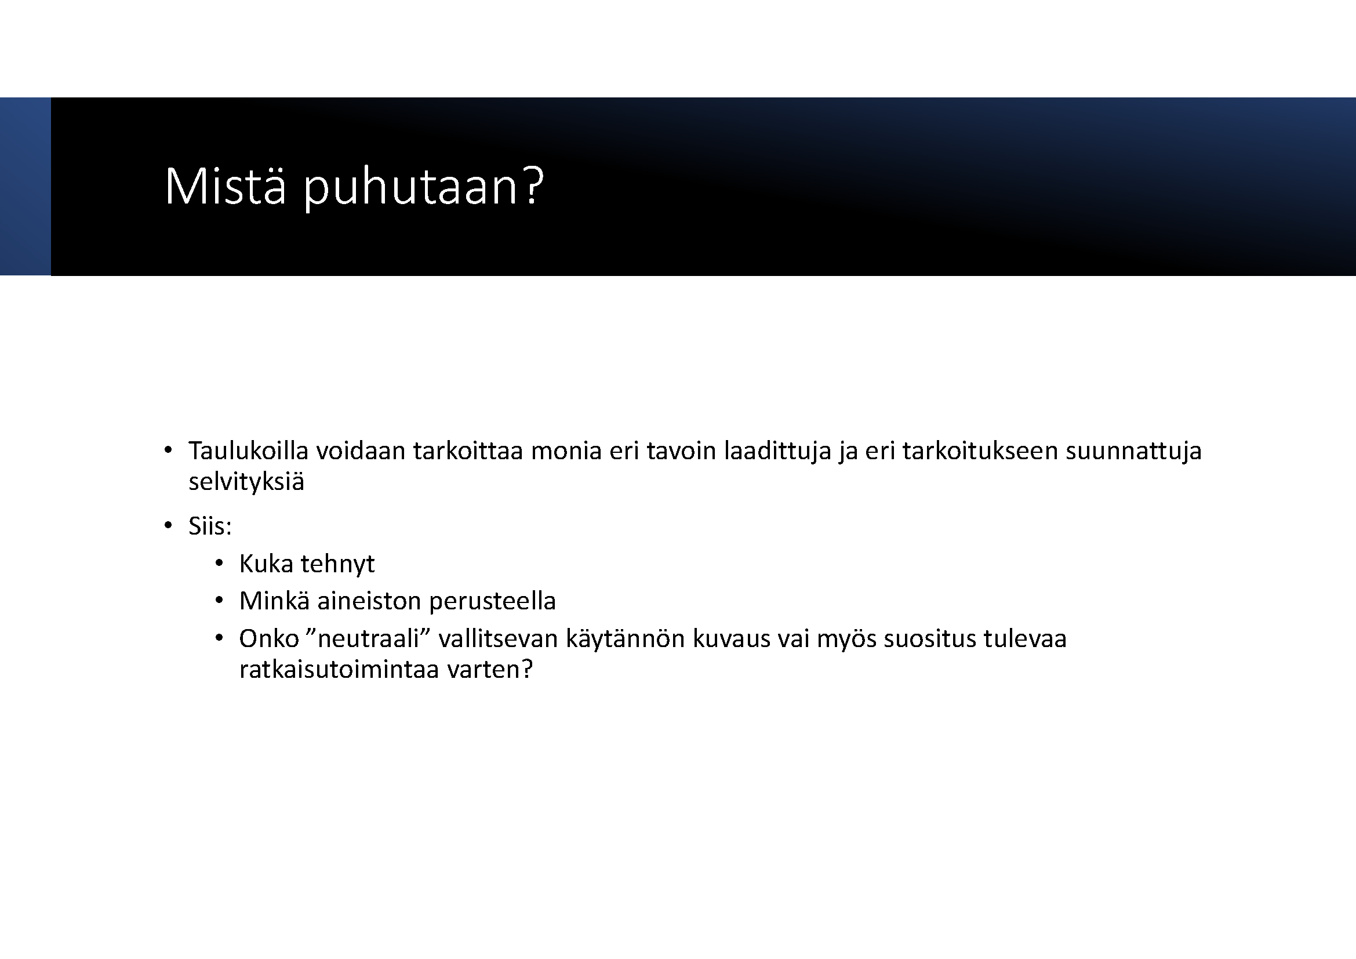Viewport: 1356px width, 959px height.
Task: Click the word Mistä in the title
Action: point(225,186)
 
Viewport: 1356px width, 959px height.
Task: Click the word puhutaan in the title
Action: point(410,188)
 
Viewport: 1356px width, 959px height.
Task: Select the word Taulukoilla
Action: point(249,451)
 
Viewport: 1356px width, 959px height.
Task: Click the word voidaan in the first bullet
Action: point(360,451)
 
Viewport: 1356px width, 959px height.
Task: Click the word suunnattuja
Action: point(1133,452)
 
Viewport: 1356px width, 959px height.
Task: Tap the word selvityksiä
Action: point(246,482)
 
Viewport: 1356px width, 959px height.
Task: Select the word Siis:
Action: point(210,525)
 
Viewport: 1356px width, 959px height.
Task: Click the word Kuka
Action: point(266,564)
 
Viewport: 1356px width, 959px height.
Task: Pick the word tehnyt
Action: point(337,565)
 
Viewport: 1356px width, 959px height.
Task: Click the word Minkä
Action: point(274,601)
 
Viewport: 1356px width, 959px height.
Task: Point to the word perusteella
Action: point(493,602)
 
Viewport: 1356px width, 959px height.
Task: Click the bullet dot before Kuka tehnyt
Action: point(219,564)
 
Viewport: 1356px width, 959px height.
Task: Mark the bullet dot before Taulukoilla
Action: point(168,451)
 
